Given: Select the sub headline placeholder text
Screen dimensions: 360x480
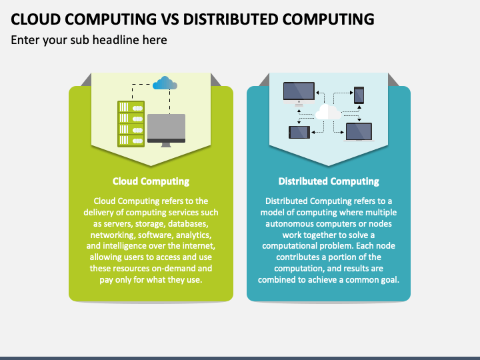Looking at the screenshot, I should (89, 40).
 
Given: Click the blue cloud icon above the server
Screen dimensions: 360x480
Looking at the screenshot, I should (165, 83).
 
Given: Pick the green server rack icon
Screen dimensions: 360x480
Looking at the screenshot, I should (131, 123).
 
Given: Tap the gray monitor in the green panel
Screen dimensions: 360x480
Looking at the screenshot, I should (166, 129).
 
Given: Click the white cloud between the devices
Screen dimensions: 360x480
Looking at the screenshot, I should (327, 111).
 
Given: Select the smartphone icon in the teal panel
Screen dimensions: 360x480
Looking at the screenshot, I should (359, 95).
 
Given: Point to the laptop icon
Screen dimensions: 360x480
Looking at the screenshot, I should (359, 131).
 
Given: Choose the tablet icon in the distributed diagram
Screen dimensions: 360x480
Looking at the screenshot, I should (299, 132).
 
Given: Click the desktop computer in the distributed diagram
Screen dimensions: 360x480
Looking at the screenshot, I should (299, 93).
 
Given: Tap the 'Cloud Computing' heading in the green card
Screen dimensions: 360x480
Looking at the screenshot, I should (151, 181).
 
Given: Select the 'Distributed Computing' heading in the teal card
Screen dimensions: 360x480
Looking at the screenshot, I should (329, 181).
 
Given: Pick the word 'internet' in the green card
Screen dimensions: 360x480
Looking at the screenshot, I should (197, 246).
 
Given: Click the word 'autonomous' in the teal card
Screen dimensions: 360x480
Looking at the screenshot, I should (289, 224).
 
